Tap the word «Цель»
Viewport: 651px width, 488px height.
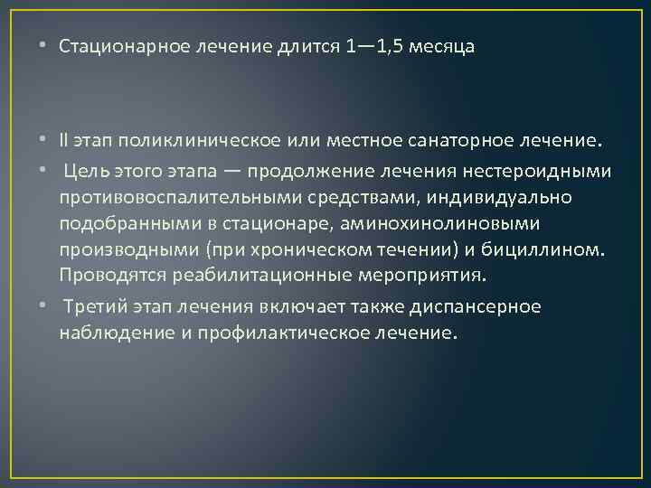86,171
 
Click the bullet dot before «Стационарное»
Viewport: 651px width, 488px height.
45,47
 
